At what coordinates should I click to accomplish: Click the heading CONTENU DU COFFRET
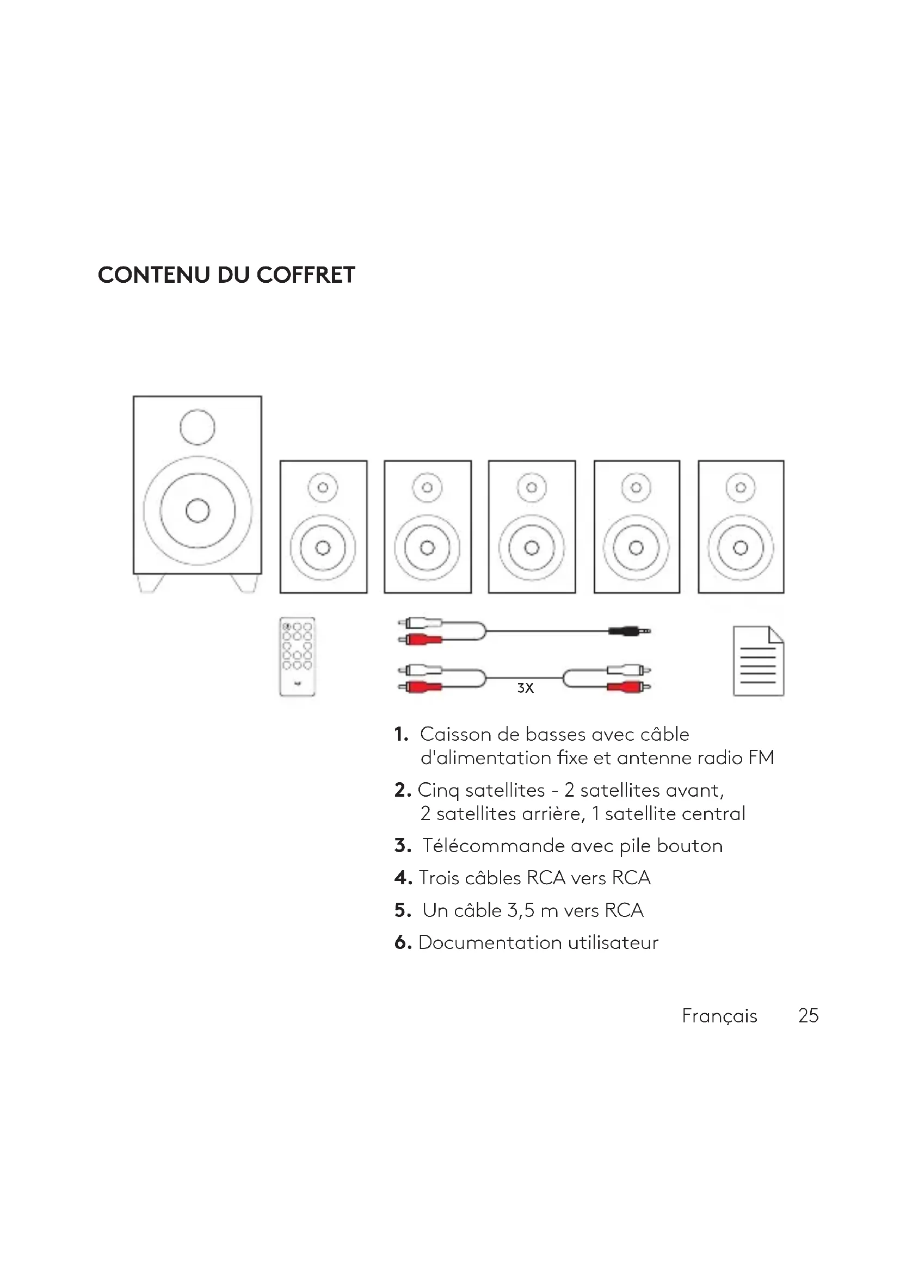[x=226, y=275]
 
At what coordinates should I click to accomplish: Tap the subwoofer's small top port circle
[x=198, y=427]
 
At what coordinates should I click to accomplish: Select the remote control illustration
[x=297, y=656]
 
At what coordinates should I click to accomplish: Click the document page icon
[x=758, y=661]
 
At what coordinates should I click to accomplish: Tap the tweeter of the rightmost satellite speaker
[x=741, y=487]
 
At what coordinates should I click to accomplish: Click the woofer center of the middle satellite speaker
[x=532, y=548]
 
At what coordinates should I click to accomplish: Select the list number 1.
[x=400, y=735]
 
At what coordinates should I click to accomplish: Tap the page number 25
[x=808, y=1015]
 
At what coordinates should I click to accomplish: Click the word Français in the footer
[x=719, y=1015]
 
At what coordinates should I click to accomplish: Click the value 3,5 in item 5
[x=521, y=910]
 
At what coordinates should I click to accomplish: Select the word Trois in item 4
[x=439, y=878]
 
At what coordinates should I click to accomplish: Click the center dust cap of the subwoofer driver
[x=198, y=510]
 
